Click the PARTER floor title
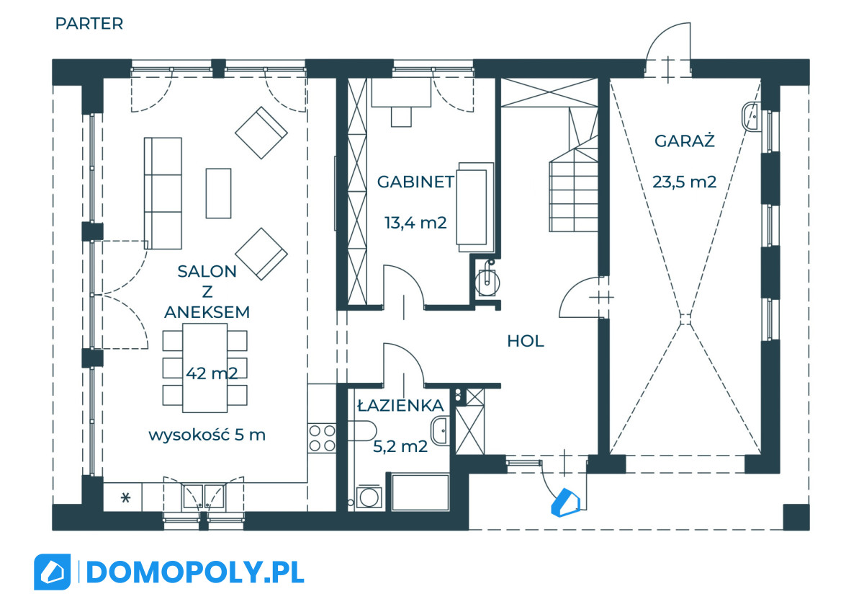pos(89,24)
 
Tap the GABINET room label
pos(415,182)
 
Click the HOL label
pos(526,341)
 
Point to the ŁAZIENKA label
pos(401,405)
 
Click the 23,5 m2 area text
pos(684,182)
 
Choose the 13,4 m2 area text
pos(415,223)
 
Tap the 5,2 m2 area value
pos(400,446)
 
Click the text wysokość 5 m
pos(207,435)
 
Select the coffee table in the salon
pos(218,193)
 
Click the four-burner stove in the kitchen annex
pos(322,438)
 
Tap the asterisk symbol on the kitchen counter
pos(125,498)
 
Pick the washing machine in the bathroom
pos(369,497)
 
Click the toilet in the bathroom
pos(361,430)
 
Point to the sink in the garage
pos(751,117)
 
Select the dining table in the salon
pos(204,368)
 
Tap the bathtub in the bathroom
pos(420,493)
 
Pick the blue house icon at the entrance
pos(565,502)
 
